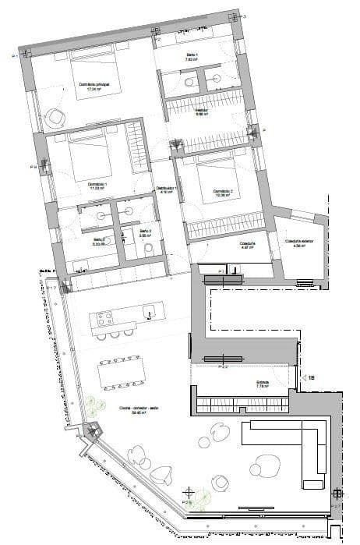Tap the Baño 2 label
(99, 241)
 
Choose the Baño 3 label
(146, 233)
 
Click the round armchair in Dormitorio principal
(55, 118)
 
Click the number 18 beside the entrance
(311, 377)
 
